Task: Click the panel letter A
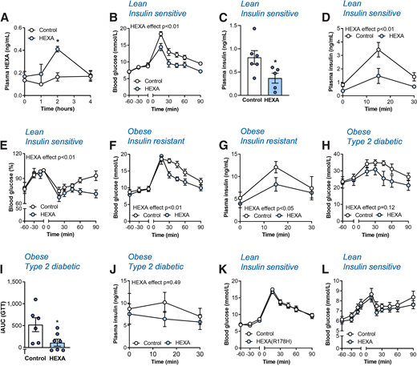click(x=6, y=6)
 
